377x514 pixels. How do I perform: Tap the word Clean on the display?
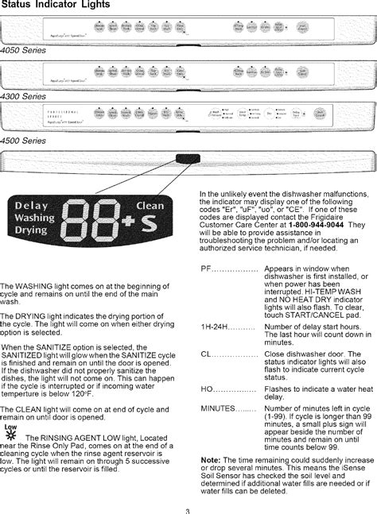click(x=150, y=206)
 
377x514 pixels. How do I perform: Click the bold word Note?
click(x=210, y=460)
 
